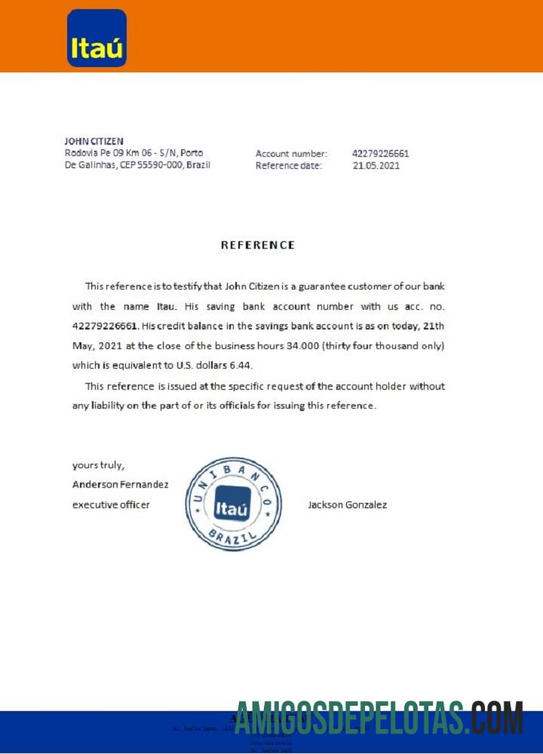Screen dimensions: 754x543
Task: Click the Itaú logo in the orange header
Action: click(97, 38)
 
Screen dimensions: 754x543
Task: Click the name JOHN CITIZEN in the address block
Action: click(94, 141)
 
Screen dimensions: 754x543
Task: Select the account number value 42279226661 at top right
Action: click(381, 154)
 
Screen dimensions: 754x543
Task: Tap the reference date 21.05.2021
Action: click(376, 166)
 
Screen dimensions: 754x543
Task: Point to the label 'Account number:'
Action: click(291, 154)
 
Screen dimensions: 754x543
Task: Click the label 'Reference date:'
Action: click(289, 166)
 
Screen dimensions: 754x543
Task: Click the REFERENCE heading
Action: click(258, 245)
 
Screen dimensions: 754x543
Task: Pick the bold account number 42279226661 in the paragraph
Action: click(105, 326)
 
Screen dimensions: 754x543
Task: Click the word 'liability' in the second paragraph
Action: click(112, 406)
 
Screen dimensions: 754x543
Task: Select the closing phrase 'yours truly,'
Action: click(98, 465)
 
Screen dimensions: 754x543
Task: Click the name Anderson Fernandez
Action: click(120, 485)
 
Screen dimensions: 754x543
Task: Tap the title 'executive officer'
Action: click(111, 504)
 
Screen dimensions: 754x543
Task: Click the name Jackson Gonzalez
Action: click(347, 504)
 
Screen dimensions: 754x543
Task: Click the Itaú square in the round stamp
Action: click(232, 509)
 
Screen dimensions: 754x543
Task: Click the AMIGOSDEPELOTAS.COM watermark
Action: click(379, 719)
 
